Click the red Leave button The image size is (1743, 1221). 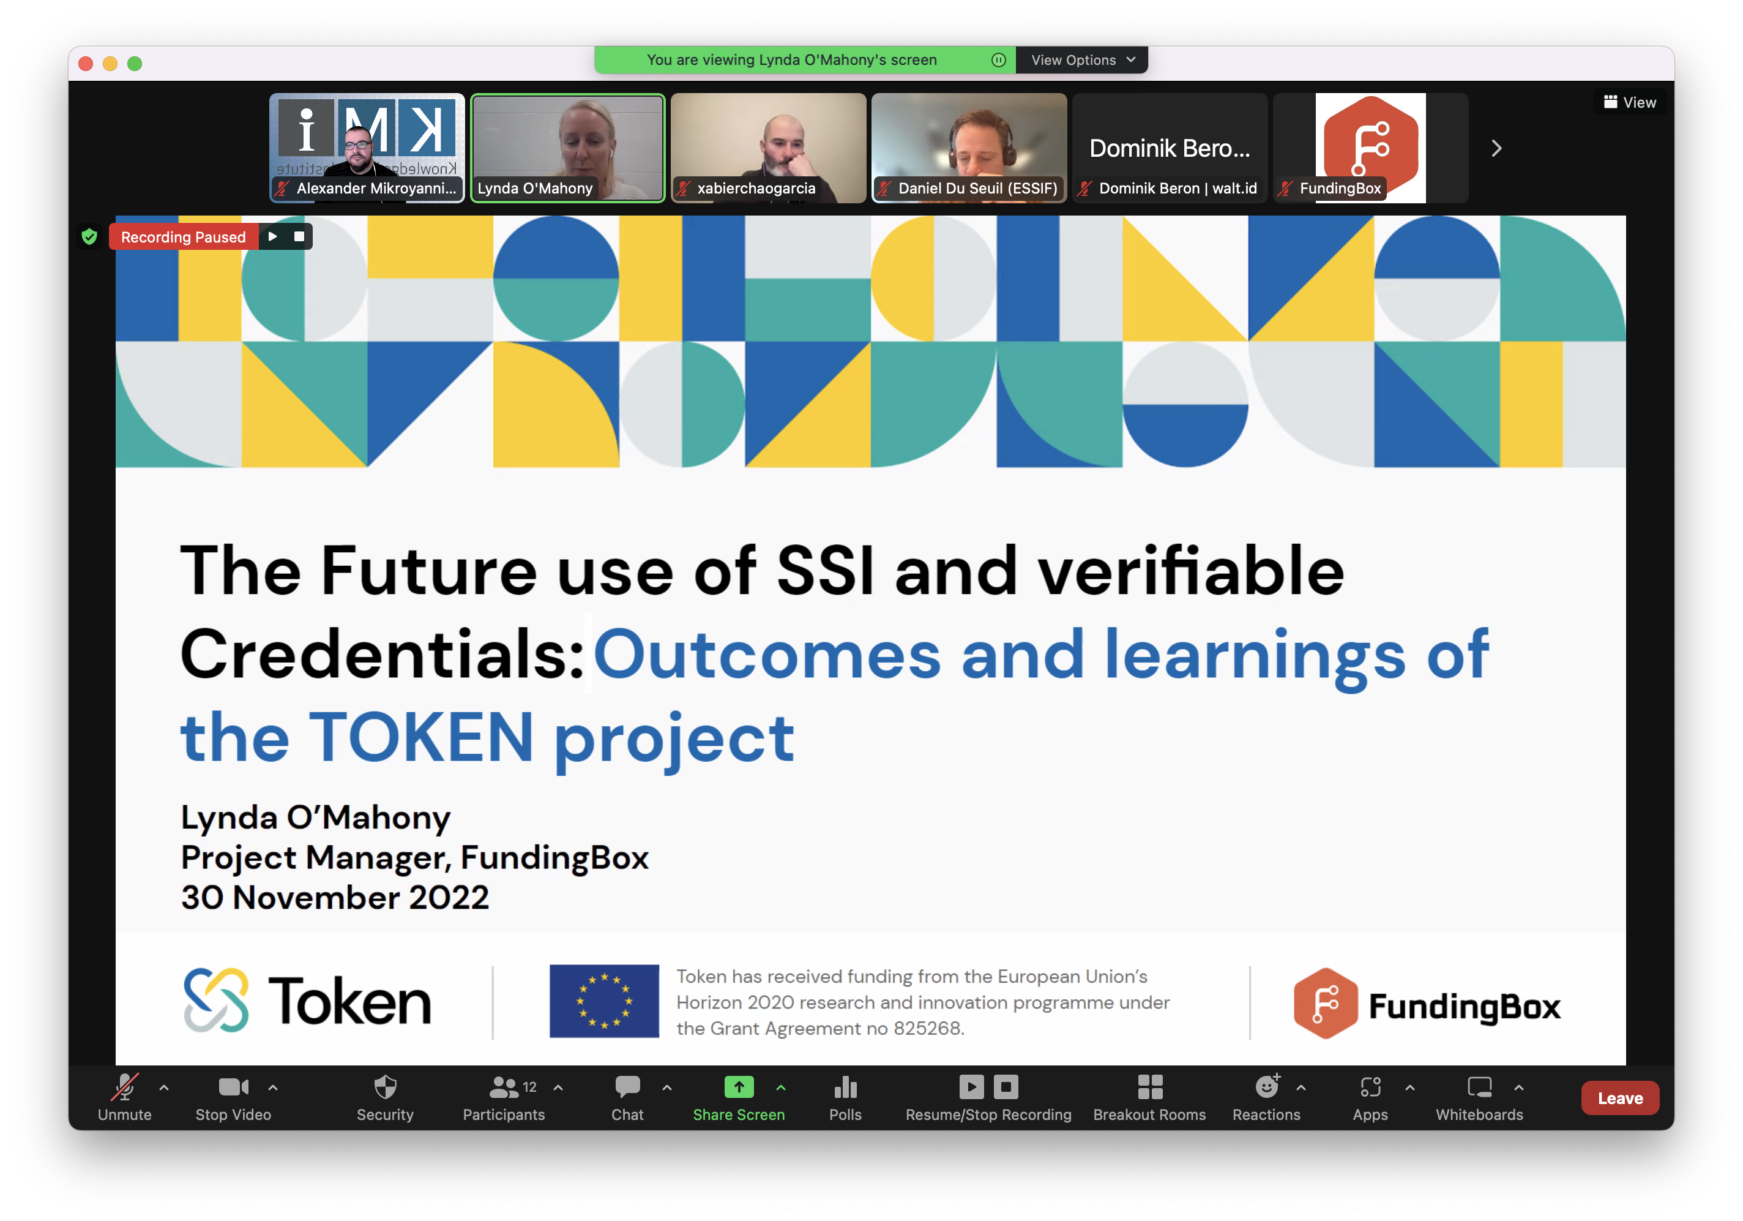1619,1098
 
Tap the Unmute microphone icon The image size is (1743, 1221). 124,1087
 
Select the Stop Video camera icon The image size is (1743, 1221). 233,1087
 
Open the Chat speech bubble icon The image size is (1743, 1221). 627,1087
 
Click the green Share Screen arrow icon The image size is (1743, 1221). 739,1087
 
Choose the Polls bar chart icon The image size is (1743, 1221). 845,1088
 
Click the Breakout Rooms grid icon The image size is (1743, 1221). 1149,1087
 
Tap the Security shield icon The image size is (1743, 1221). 385,1087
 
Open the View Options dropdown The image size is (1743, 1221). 1082,60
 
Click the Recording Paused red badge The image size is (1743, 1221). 183,237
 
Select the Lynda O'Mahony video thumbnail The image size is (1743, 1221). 568,148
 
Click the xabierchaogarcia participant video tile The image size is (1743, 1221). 768,148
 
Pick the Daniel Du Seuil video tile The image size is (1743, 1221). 969,148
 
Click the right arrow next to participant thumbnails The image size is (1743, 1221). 1496,148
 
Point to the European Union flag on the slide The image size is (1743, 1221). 604,1001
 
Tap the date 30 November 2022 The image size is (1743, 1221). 335,898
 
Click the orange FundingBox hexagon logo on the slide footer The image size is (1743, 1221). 1326,1003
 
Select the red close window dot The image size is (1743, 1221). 86,64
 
